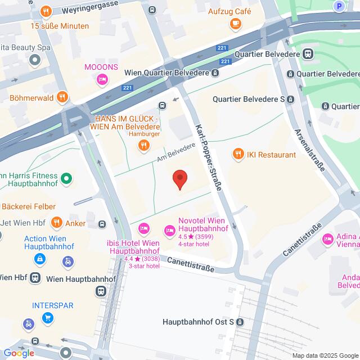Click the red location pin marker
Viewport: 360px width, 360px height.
click(179, 179)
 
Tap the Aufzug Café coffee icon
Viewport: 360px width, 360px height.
click(235, 24)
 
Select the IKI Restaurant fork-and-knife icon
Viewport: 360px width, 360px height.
click(238, 154)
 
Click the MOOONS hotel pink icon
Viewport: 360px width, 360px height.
click(102, 80)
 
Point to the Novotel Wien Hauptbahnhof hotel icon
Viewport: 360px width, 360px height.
click(169, 230)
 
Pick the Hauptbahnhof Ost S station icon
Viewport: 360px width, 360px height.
click(240, 322)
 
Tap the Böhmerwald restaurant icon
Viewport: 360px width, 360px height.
click(62, 97)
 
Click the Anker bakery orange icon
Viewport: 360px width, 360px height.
click(56, 223)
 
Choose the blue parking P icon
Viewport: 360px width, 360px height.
click(339, 6)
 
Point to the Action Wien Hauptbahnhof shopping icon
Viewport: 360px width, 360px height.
click(40, 259)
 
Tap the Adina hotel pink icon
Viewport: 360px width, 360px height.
click(327, 240)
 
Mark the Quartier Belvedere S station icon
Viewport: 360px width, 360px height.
click(290, 99)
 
